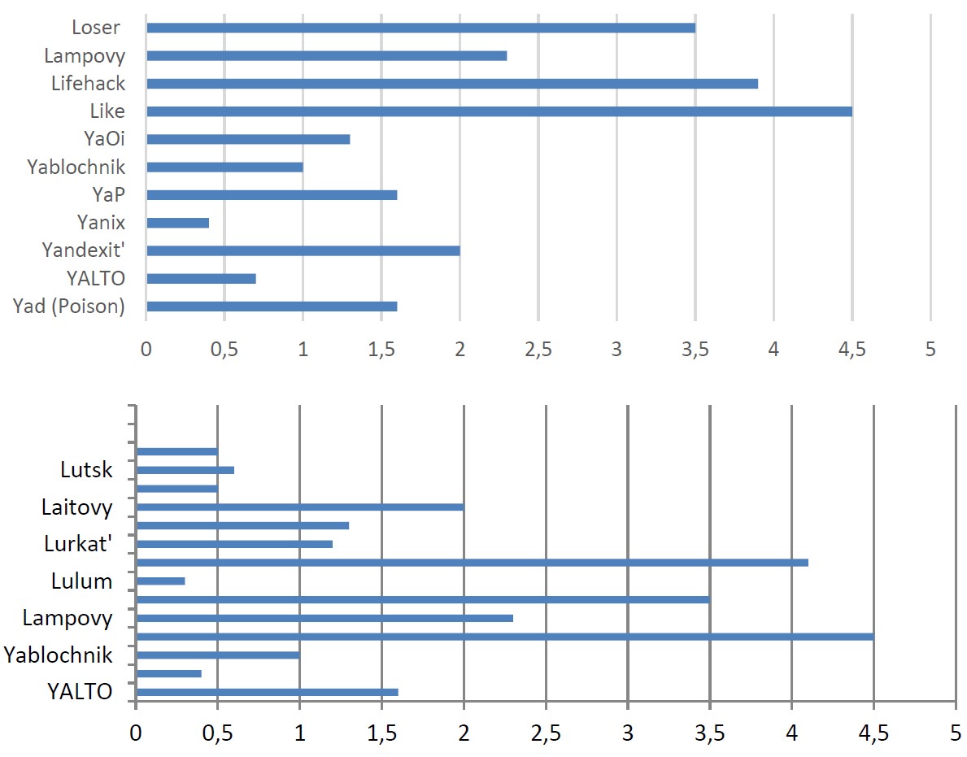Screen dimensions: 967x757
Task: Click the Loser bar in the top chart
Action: (421, 28)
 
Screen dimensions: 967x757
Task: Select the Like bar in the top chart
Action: (499, 111)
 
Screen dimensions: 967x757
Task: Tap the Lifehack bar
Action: (452, 84)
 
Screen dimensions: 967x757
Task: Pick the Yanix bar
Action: (177, 223)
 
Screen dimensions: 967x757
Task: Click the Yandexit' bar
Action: (303, 251)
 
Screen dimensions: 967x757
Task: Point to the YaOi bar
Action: (249, 139)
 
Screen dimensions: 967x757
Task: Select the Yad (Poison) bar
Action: (272, 307)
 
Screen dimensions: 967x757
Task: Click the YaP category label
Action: (108, 195)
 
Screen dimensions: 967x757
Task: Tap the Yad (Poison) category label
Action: (68, 307)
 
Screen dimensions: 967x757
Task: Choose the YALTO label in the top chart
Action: (96, 279)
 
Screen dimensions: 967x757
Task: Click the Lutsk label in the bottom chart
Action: (86, 470)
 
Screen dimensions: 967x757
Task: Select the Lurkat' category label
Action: (78, 544)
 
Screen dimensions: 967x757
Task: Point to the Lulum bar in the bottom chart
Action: (160, 581)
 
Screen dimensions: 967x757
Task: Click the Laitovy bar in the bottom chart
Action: (300, 507)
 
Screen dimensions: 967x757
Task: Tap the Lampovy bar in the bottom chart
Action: (325, 618)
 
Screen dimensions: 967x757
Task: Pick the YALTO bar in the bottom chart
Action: (267, 692)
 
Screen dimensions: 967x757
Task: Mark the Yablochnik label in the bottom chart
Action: (58, 655)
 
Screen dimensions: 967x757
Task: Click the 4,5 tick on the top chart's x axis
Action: (852, 350)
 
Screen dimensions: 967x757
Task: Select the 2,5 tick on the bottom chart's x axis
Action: (546, 733)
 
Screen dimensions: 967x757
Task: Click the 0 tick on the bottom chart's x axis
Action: (136, 733)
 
